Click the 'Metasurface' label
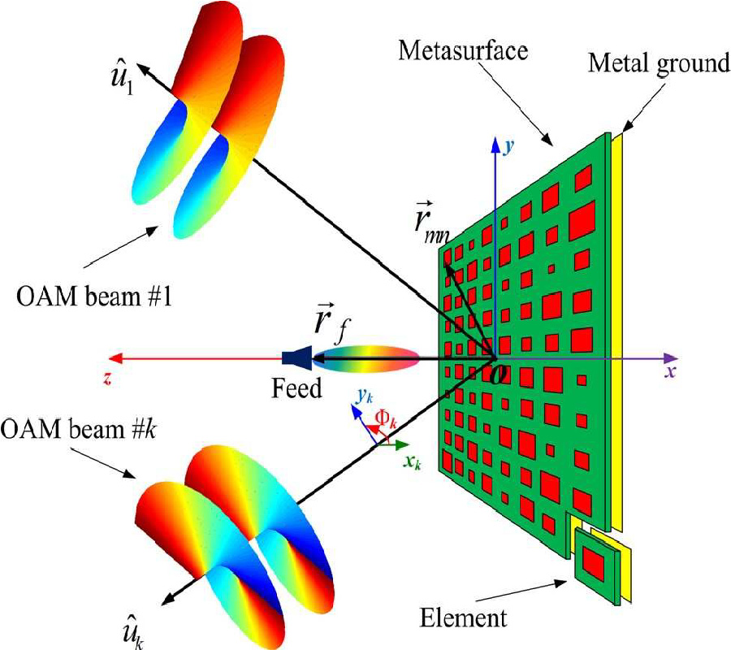coord(463,51)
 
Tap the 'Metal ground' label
coord(659,63)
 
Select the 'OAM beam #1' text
coord(93,297)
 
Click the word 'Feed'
coord(296,388)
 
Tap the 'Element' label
coord(463,618)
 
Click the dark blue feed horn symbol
coord(297,357)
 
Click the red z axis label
coord(108,379)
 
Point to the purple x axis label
coord(670,372)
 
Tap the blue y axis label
coord(509,147)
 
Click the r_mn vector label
coord(430,223)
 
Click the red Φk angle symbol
coord(385,419)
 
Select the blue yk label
coord(365,396)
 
